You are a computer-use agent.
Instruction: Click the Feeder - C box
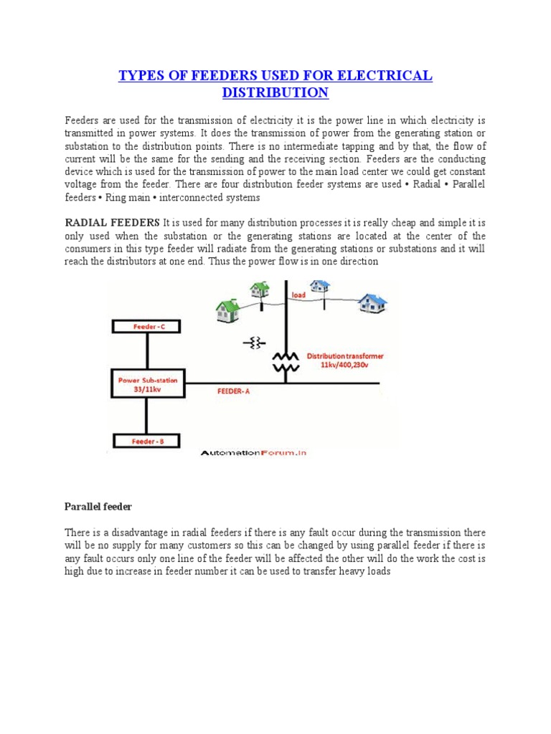click(147, 327)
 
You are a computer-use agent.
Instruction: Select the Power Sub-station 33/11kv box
click(147, 383)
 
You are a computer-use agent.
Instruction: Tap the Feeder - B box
click(147, 442)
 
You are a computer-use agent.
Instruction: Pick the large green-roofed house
click(228, 310)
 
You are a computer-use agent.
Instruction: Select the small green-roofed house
click(259, 290)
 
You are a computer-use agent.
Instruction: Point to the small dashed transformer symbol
click(254, 344)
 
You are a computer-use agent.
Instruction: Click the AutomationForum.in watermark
click(253, 454)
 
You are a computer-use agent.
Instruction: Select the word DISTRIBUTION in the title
click(275, 93)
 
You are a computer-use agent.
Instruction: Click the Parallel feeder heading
click(97, 507)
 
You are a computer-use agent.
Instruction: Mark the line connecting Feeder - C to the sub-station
click(147, 351)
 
